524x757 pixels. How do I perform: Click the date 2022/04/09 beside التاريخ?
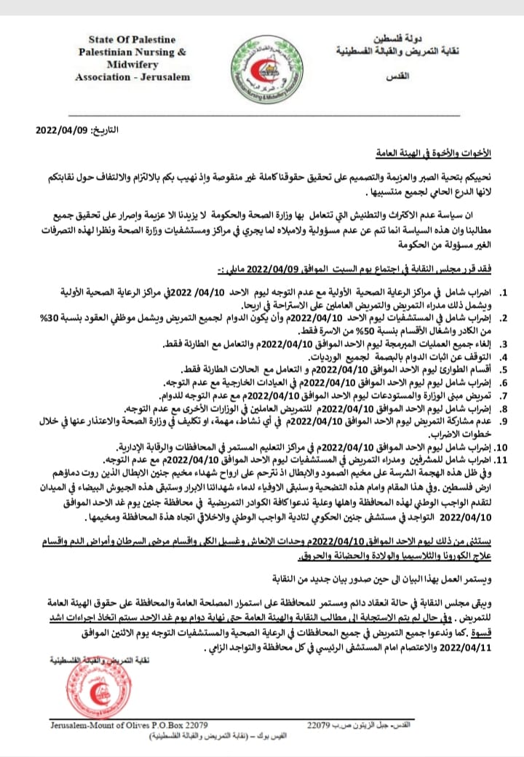pyautogui.click(x=61, y=129)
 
